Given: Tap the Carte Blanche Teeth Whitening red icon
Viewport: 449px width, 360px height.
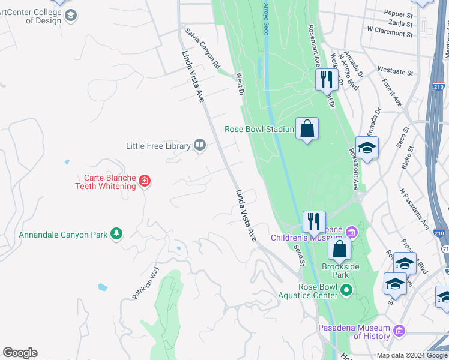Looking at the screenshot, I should (144, 181).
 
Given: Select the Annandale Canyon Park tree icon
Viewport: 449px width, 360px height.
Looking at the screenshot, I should (116, 234).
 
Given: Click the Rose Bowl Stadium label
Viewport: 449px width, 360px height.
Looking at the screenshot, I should (259, 129).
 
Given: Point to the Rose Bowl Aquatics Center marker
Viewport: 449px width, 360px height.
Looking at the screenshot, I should (346, 291).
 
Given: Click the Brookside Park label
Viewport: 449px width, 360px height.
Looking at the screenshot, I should (336, 271).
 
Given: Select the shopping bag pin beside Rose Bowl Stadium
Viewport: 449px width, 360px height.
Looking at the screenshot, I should (307, 128).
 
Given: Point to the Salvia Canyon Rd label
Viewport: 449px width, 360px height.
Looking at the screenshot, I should (203, 47).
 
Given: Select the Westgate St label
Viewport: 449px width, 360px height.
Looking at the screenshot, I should (396, 73).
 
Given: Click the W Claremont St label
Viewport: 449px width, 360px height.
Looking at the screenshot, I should (390, 29).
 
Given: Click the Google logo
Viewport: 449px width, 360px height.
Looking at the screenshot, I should (20, 353).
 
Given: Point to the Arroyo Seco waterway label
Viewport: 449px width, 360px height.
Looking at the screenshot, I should (265, 18).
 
